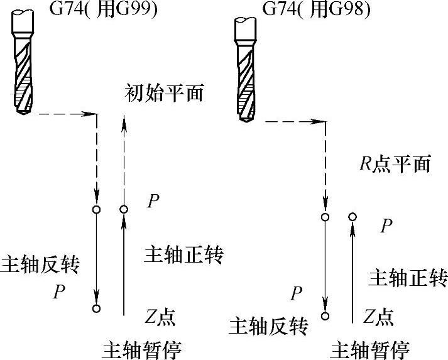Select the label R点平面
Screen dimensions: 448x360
click(395, 165)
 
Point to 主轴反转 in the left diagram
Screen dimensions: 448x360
click(41, 263)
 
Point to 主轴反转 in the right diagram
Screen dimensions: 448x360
click(268, 325)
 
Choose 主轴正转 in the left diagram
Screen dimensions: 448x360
click(185, 254)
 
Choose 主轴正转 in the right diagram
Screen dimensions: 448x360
click(407, 276)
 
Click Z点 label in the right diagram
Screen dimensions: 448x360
click(379, 316)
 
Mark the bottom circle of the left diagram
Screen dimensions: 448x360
click(96, 308)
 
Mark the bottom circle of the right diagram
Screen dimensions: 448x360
click(325, 316)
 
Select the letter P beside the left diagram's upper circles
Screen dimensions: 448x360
click(153, 201)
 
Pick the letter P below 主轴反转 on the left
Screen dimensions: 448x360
click(60, 292)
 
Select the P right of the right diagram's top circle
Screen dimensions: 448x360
click(387, 226)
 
